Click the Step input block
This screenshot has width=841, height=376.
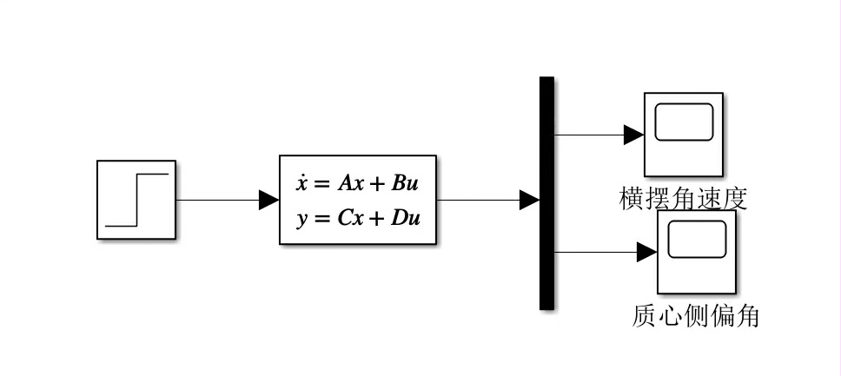tap(136, 199)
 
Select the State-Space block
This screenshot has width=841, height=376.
tap(358, 200)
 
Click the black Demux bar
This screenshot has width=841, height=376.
tap(546, 193)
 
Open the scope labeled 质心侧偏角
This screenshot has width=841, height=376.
tap(696, 252)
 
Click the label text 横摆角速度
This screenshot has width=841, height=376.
tap(683, 199)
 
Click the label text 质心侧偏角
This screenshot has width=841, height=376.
tap(696, 316)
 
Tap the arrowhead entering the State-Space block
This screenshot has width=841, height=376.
tap(269, 200)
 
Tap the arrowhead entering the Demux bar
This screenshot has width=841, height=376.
tap(529, 200)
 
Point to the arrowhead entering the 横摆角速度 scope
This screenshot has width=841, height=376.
tap(633, 135)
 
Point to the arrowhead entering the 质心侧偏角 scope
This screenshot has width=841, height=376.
tap(646, 252)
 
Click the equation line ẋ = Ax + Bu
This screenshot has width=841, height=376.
tap(358, 183)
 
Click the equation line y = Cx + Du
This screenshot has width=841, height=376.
tap(358, 218)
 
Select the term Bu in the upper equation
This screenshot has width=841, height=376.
tap(405, 183)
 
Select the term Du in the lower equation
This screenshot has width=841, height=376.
tap(406, 218)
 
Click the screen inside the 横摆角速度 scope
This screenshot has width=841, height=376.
tap(684, 122)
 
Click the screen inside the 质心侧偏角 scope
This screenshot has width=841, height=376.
tap(697, 239)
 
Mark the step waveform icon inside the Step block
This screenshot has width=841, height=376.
tap(136, 200)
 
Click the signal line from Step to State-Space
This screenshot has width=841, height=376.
tap(217, 200)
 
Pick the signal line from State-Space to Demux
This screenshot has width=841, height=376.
tap(478, 200)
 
